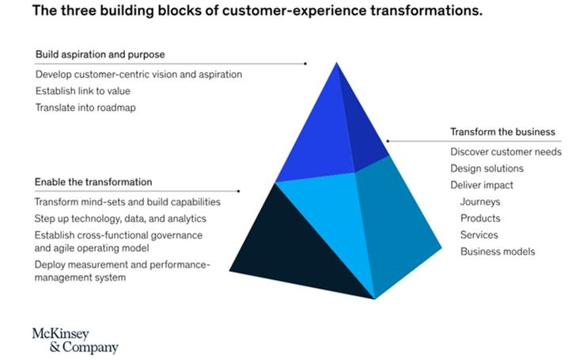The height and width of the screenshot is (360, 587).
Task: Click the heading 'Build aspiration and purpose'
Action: [x=100, y=55]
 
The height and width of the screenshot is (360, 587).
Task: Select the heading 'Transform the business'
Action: [x=503, y=131]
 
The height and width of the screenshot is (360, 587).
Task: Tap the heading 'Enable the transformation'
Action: [x=93, y=182]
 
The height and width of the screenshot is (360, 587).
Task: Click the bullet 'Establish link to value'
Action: [x=83, y=91]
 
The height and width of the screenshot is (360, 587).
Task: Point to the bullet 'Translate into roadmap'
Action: [x=85, y=108]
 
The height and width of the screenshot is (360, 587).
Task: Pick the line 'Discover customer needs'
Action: [x=506, y=151]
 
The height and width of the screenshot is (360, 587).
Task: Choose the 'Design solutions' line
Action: [x=487, y=169]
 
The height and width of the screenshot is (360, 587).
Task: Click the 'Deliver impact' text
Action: [x=482, y=185]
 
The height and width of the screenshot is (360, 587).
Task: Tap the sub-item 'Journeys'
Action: [x=480, y=202]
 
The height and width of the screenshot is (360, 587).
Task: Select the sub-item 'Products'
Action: [x=480, y=218]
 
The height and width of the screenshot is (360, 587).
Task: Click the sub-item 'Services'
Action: [x=479, y=235]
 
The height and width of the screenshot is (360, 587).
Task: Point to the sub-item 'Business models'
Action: [x=498, y=252]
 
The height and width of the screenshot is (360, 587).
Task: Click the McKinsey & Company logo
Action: [x=74, y=339]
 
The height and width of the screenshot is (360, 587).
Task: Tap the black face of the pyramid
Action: [x=305, y=245]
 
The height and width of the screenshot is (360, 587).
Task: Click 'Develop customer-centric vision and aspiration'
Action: [x=138, y=74]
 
